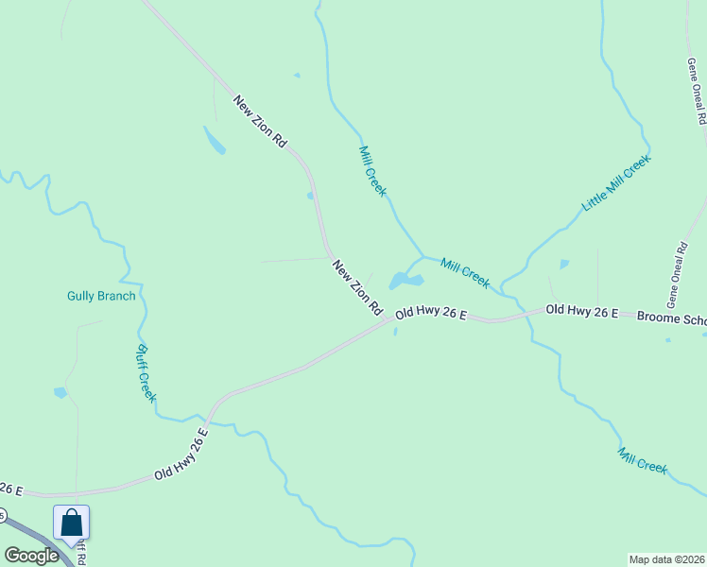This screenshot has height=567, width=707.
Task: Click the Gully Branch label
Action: tap(101, 296)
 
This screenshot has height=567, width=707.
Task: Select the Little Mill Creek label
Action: tap(616, 182)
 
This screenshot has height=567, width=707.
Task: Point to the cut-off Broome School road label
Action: tap(671, 318)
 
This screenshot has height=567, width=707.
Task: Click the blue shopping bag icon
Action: tap(71, 522)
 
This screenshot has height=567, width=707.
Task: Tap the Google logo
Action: tap(31, 556)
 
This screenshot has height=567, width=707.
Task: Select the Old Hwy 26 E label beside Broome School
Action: tap(582, 310)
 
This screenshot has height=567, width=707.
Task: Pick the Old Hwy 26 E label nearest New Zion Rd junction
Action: tap(431, 312)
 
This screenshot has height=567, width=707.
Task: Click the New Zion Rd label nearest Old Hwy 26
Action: tap(356, 287)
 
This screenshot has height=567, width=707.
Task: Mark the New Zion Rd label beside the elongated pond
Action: tap(260, 121)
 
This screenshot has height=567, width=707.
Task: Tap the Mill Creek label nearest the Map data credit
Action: tap(643, 460)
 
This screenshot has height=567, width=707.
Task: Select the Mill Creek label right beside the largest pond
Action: tap(465, 273)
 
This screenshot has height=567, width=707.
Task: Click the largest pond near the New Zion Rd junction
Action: tap(405, 281)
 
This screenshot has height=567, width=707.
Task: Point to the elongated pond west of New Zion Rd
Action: tap(215, 140)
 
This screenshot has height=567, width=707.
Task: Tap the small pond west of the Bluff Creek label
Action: tap(61, 391)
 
